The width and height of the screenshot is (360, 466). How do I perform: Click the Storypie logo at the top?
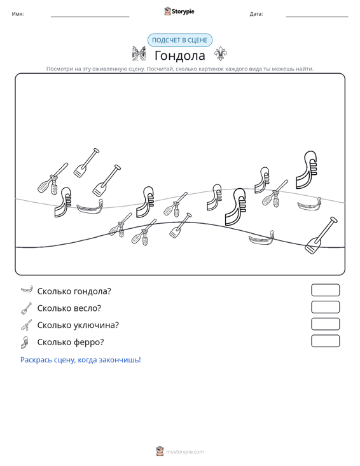179,11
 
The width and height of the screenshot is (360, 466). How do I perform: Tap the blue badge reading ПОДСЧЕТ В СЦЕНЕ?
180,40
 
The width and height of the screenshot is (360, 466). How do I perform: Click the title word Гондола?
180,55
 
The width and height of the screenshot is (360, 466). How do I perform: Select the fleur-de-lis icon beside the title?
221,54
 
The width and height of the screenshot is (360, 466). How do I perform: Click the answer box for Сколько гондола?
325,290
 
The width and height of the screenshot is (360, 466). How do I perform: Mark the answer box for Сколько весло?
325,307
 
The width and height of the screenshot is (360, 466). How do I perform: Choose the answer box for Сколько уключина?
325,324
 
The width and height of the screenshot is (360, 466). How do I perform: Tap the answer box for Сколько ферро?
325,341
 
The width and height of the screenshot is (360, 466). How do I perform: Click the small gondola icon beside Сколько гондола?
27,289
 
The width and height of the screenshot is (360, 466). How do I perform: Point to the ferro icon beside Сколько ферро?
25,343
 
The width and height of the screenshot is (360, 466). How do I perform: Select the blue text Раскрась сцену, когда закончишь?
81,360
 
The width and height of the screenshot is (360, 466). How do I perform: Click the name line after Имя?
90,17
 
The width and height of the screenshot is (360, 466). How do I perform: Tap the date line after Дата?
317,17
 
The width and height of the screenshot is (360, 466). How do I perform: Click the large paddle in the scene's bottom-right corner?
321,235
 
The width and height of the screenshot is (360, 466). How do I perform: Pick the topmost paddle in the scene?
87,163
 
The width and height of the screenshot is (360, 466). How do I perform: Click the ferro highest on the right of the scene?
307,170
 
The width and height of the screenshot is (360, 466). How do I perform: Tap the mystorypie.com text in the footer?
185,452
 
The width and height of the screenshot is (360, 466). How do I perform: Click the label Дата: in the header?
256,14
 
